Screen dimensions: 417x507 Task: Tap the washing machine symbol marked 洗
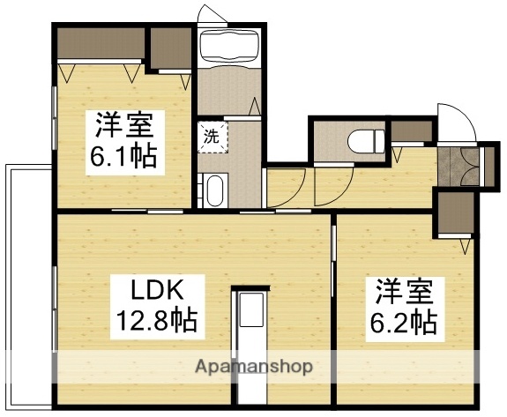(212, 137)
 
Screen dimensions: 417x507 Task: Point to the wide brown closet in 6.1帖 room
(100, 42)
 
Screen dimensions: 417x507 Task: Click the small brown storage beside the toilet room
(410, 131)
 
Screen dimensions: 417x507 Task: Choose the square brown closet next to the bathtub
(169, 48)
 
